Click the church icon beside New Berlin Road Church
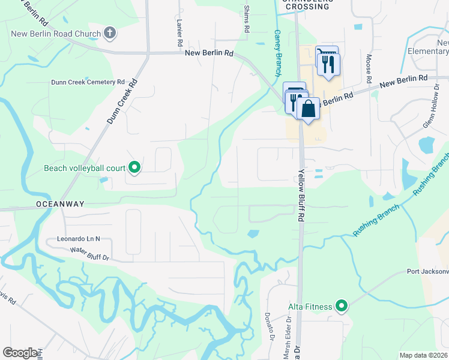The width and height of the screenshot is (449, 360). coord(110,32)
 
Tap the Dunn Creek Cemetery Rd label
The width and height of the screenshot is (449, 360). coord(87,82)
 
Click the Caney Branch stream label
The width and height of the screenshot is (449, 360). coord(277,53)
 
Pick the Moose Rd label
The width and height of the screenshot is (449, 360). coord(368,71)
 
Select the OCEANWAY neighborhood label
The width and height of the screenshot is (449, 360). coord(59,204)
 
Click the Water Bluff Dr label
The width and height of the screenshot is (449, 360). coord(89,254)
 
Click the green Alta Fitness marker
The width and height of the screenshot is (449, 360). coord(342,307)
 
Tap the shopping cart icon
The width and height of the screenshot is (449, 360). coord(326,54)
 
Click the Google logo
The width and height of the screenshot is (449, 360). coord(20,353)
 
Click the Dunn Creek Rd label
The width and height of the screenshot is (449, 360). coord(122,101)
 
